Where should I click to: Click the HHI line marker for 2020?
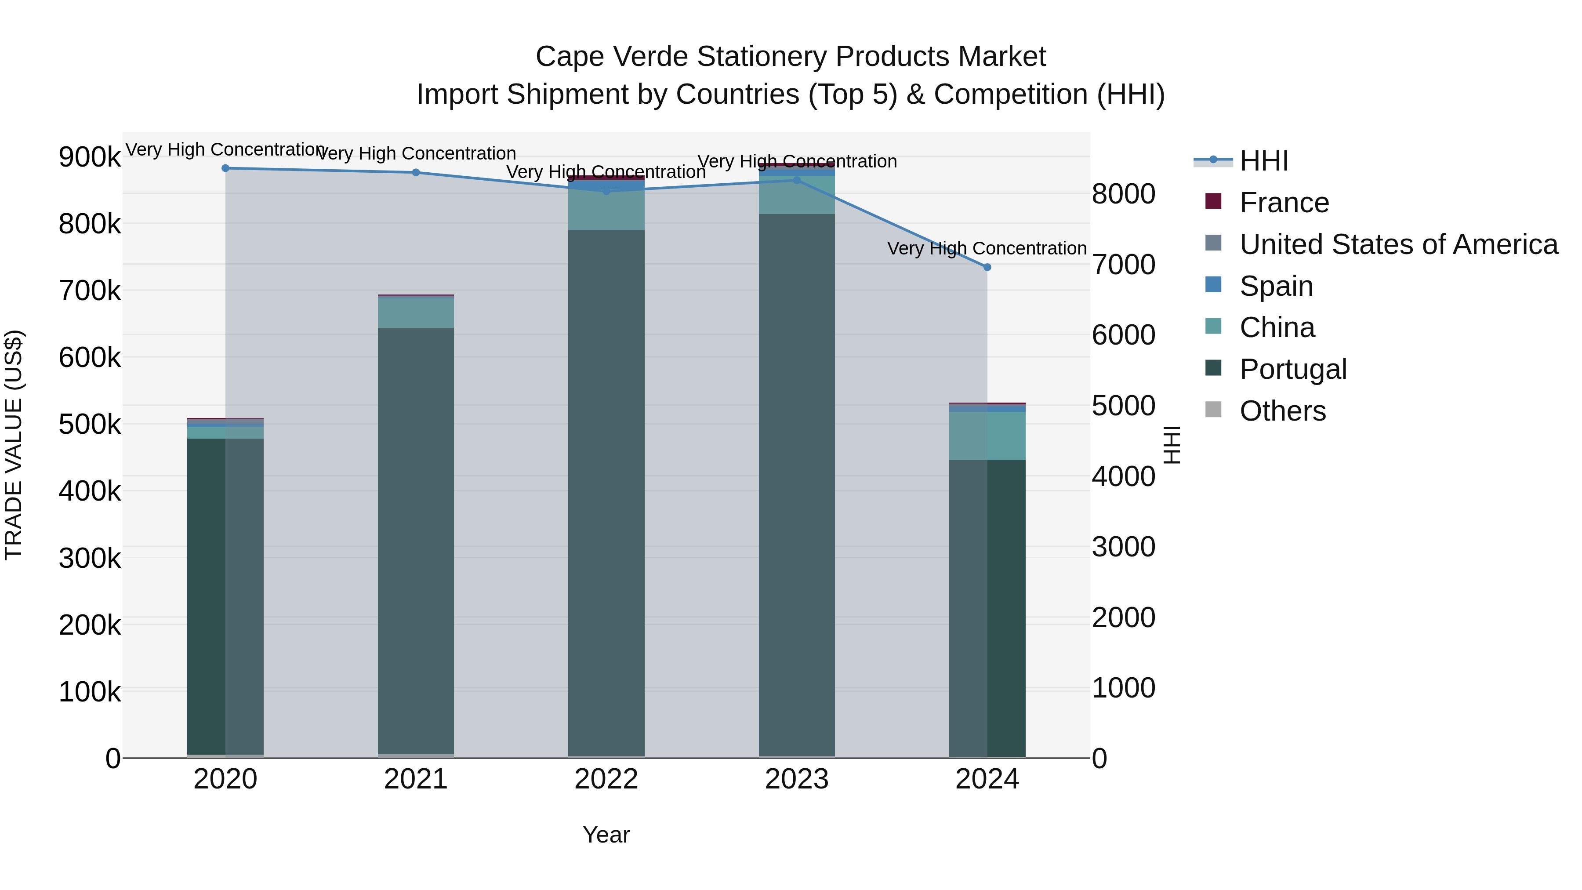pos(225,168)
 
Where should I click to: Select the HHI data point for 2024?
pos(987,267)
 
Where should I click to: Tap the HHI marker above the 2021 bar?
pos(416,173)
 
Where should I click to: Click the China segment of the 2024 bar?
pos(987,436)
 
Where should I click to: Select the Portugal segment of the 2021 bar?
pos(416,541)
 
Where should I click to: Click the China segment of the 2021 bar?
pos(416,312)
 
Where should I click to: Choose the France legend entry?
pos(1284,203)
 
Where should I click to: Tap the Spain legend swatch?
pos(1213,285)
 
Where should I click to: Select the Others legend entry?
pos(1282,411)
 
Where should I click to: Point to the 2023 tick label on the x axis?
pos(797,779)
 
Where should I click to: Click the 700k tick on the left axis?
pos(90,291)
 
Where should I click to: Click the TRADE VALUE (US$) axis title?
pos(14,445)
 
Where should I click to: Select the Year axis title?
pos(606,835)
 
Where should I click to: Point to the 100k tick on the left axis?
pos(90,692)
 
